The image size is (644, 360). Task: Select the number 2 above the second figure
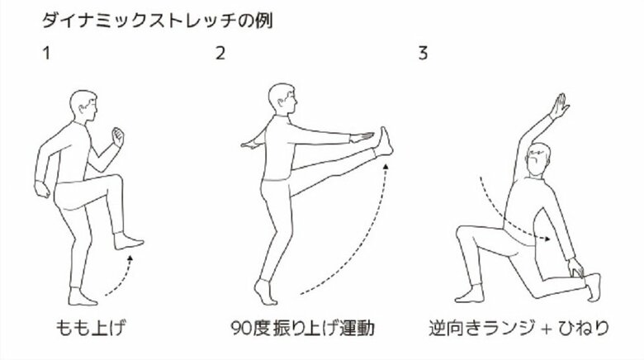(x=220, y=55)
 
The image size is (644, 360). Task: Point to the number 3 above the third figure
(x=423, y=55)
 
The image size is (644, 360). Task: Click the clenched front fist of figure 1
(x=117, y=135)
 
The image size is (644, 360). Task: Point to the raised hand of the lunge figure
(x=561, y=105)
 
